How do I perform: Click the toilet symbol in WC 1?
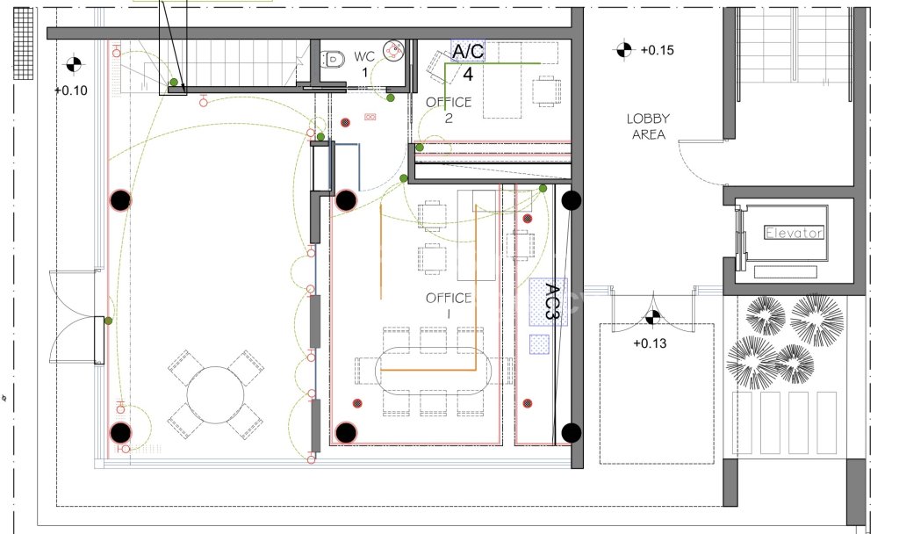click(x=333, y=59)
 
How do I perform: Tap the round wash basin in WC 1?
click(x=393, y=50)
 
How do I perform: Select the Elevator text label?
click(x=794, y=232)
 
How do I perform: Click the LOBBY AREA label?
click(x=648, y=126)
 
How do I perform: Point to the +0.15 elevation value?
click(x=657, y=50)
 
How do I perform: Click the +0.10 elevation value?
click(x=71, y=90)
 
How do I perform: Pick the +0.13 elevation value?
click(x=650, y=343)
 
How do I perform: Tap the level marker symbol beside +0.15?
click(x=624, y=49)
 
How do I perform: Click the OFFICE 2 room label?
click(x=449, y=110)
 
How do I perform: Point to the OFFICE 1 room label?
click(x=449, y=305)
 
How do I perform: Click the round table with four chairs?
click(x=216, y=395)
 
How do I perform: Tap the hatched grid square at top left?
click(x=23, y=44)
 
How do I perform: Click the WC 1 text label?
click(x=364, y=64)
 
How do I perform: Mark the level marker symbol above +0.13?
click(x=652, y=316)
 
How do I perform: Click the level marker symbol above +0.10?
click(x=74, y=64)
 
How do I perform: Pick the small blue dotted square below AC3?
click(x=539, y=343)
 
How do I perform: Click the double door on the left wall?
click(x=77, y=317)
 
